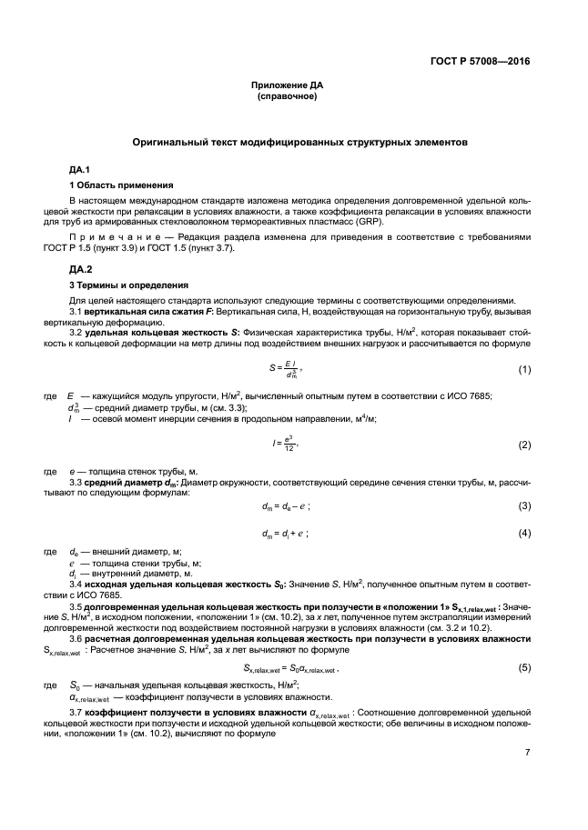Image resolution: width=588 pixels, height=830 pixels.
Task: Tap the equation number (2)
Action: (524, 445)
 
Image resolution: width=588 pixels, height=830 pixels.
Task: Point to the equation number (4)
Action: (524, 533)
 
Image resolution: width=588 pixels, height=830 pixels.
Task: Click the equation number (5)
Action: (524, 667)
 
